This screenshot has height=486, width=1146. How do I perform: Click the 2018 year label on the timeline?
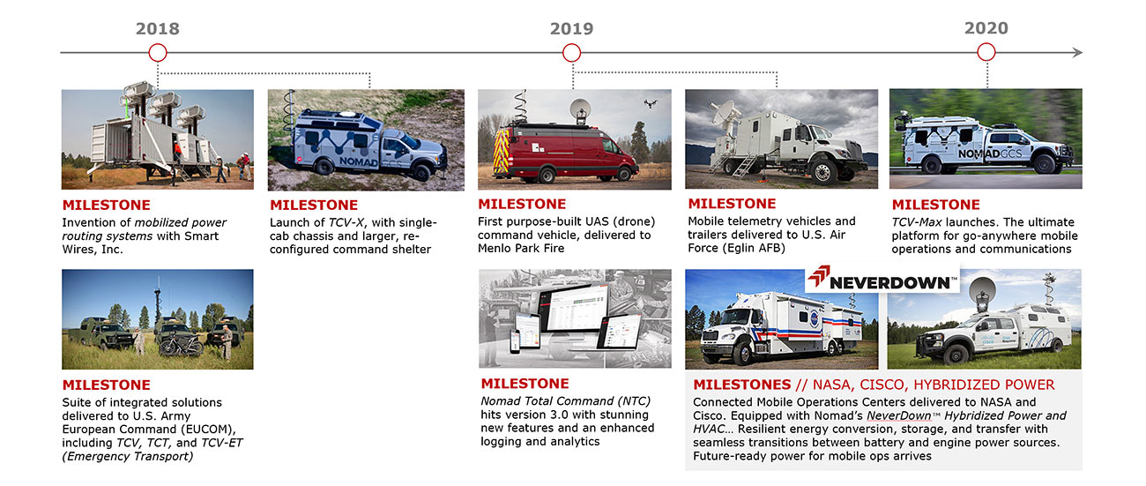pos(158,29)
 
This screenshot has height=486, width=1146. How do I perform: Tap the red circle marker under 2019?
pos(571,53)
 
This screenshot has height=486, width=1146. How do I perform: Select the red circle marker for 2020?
pos(986,52)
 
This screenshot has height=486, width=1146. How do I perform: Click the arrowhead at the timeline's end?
pos(1077,52)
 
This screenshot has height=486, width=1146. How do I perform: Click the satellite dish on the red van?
pos(580,109)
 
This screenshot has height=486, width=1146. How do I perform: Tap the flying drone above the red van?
pos(651,103)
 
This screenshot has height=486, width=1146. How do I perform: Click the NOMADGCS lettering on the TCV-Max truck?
pos(990,153)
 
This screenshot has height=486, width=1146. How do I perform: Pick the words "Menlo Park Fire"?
pos(521,249)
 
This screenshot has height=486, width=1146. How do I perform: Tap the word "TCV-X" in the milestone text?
pos(346,223)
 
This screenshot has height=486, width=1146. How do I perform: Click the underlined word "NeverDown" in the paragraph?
pos(899,415)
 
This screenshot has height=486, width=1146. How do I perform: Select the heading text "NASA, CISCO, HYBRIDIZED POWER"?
pos(934,385)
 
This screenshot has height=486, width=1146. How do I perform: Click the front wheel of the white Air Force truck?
pos(822,172)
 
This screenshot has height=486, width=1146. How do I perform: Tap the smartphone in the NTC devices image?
pos(514,341)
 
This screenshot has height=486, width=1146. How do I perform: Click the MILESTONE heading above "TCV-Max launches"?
pos(935,205)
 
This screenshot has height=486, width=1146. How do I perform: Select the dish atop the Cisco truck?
pos(982,290)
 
